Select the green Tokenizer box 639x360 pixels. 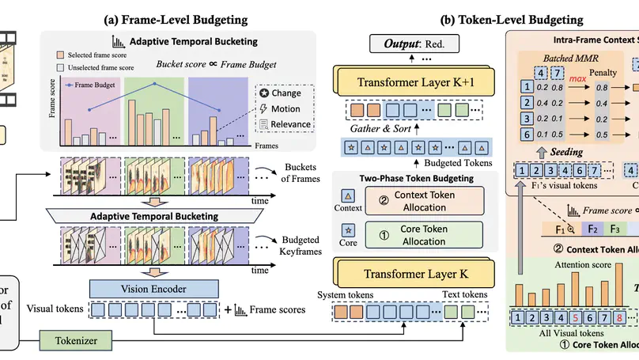pyautogui.click(x=76, y=341)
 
